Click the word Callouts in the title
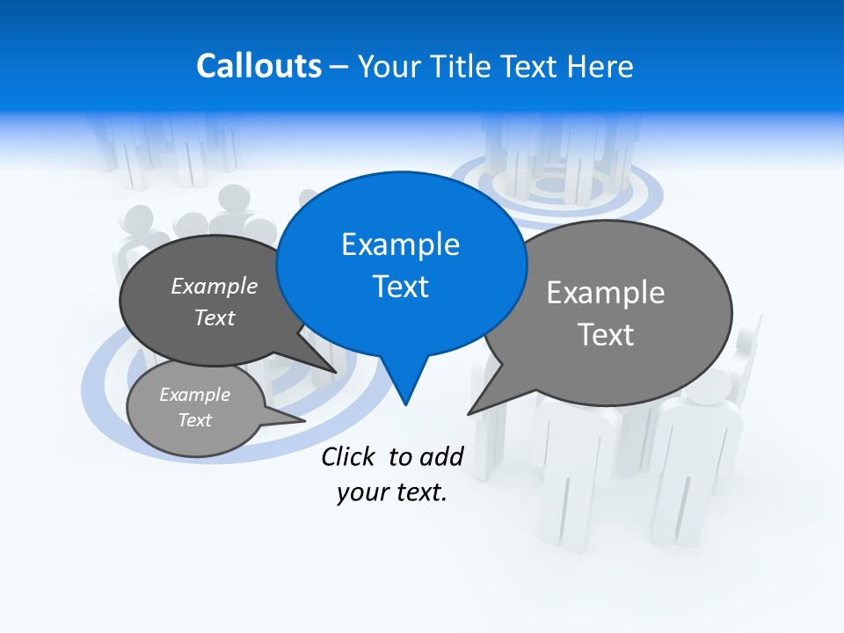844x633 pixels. point(258,66)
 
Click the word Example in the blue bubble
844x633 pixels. point(400,244)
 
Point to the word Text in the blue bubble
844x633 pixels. point(400,287)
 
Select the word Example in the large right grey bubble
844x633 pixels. point(606,293)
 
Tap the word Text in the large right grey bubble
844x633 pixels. point(606,335)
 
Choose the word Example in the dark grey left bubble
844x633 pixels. point(215,286)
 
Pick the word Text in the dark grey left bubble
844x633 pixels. point(215,317)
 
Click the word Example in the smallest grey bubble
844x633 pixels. point(194,395)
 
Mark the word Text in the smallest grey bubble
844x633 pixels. point(194,420)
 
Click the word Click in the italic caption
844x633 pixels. point(347,456)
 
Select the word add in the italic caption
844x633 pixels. point(441,456)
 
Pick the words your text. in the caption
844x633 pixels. point(392,492)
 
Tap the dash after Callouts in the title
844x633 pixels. point(339,67)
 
